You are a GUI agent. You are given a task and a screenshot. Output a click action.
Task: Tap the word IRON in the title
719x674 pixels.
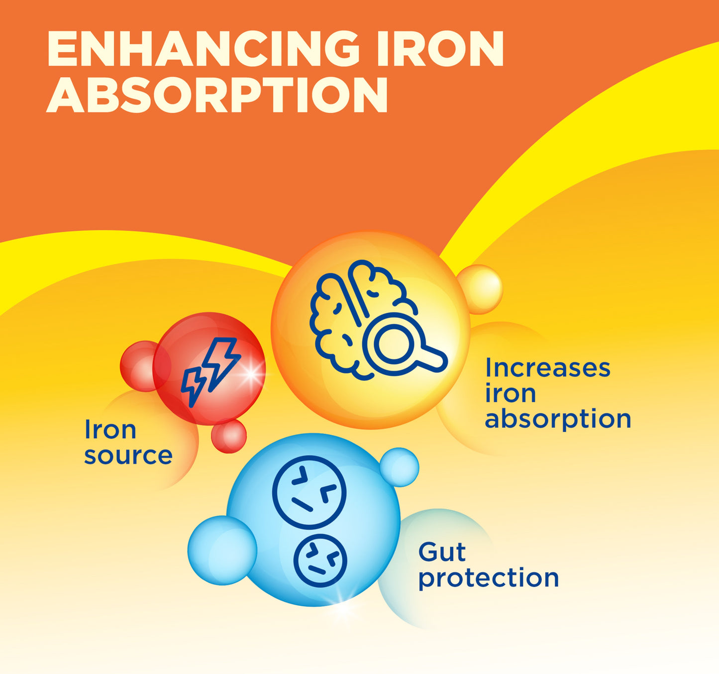440,49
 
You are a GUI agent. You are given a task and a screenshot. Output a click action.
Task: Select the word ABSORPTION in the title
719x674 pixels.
217,95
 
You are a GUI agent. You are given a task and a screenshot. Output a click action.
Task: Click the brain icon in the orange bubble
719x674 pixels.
358,319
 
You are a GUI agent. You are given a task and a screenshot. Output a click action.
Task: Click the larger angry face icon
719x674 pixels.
309,492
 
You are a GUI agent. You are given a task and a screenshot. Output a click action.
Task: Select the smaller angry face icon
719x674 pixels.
320,560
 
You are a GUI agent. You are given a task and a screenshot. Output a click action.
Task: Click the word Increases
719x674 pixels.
547,368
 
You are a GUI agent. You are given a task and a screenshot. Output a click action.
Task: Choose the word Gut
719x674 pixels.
442,553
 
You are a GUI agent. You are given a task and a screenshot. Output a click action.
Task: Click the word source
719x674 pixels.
128,455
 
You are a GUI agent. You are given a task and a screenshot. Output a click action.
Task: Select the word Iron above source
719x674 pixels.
110,430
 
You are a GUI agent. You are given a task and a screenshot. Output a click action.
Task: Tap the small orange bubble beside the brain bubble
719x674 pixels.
480,289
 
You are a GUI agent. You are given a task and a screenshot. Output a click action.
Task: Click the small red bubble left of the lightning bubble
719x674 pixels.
145,366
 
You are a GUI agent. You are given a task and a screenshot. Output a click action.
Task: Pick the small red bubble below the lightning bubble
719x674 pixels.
229,436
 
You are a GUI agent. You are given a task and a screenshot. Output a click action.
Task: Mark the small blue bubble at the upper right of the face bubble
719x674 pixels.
400,467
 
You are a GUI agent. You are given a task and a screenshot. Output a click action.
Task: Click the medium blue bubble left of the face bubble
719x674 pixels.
222,551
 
